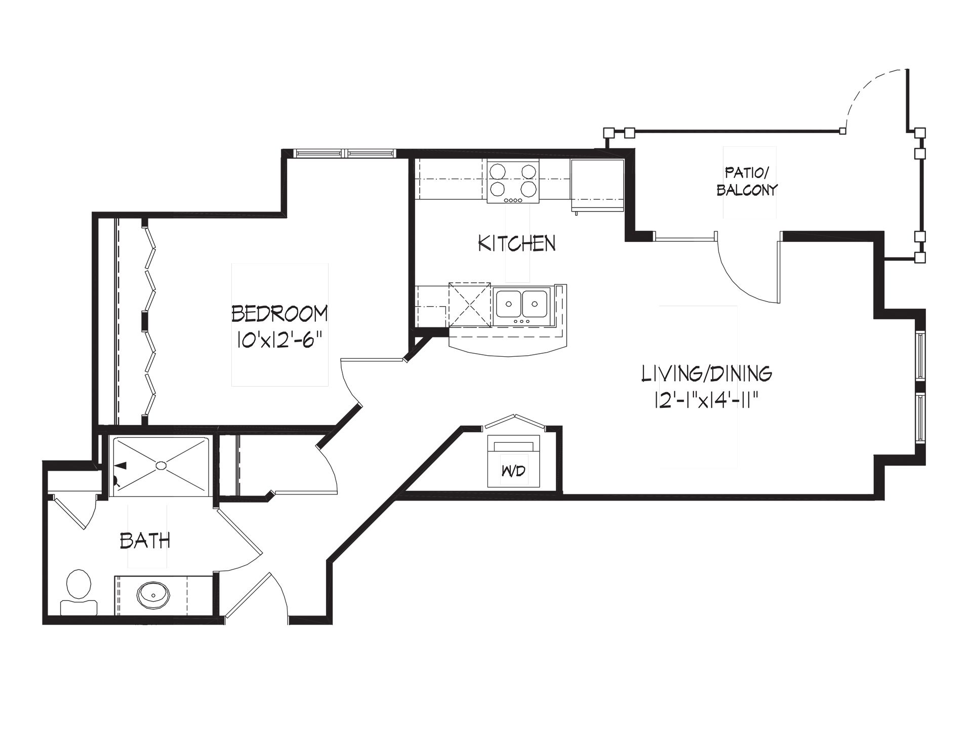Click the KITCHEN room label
(x=517, y=243)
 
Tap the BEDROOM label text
(x=279, y=314)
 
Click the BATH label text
(x=145, y=541)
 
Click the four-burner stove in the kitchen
(x=513, y=182)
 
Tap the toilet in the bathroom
(x=78, y=592)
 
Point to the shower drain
(x=161, y=465)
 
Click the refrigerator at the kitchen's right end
(x=597, y=185)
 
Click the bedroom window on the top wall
(x=344, y=152)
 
